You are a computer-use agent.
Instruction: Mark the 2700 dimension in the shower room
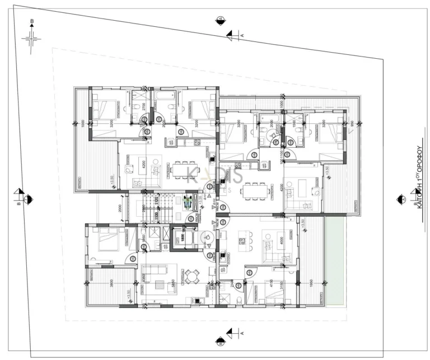143,106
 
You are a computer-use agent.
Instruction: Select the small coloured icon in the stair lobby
188,200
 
